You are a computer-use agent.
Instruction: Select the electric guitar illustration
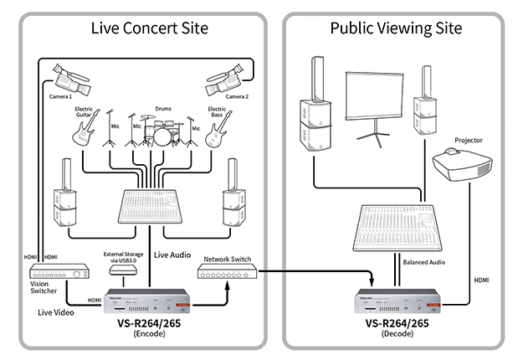click(x=85, y=131)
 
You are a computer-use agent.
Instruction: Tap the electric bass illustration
click(x=216, y=131)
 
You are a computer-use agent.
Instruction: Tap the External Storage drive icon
click(x=125, y=274)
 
